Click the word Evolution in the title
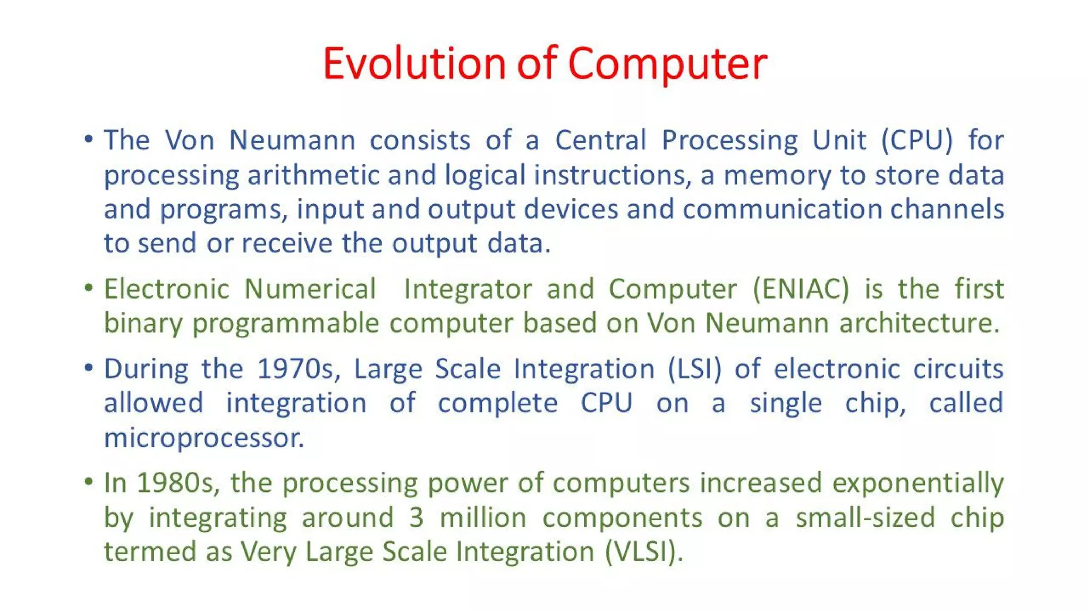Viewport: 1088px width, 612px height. [414, 64]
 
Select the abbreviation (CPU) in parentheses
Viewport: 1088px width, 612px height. [917, 141]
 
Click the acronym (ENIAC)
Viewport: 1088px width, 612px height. [801, 290]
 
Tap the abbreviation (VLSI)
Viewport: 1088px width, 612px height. [644, 551]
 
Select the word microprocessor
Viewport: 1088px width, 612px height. [204, 438]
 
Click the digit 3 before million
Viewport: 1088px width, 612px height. [416, 518]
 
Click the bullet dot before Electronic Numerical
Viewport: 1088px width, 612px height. [89, 288]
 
